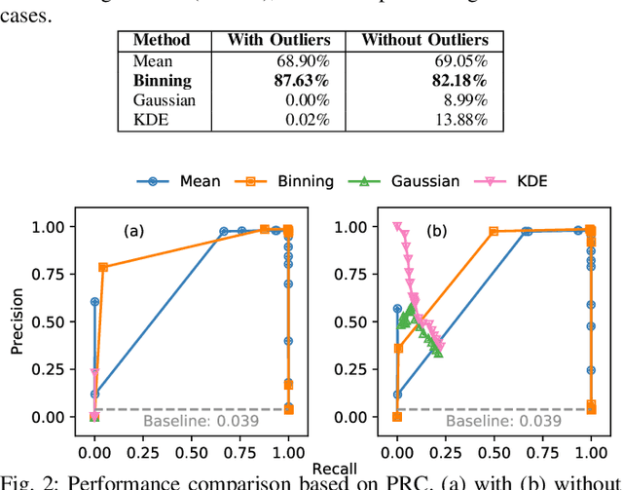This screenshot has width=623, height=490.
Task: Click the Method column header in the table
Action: pyautogui.click(x=162, y=41)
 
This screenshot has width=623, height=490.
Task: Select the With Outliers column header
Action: pyautogui.click(x=279, y=41)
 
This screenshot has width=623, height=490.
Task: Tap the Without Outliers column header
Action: pyautogui.click(x=424, y=41)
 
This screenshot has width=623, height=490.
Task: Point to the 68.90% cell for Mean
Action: pyautogui.click(x=305, y=61)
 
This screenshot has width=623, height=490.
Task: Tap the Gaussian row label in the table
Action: pyautogui.click(x=164, y=100)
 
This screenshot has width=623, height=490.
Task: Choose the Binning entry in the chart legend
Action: pyautogui.click(x=302, y=180)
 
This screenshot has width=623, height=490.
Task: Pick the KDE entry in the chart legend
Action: pyautogui.click(x=532, y=180)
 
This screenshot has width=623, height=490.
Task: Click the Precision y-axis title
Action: pyautogui.click(x=16, y=322)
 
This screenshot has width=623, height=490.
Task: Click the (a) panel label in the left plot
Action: pyautogui.click(x=133, y=232)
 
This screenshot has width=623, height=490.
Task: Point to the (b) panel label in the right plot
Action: pyautogui.click(x=435, y=232)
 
